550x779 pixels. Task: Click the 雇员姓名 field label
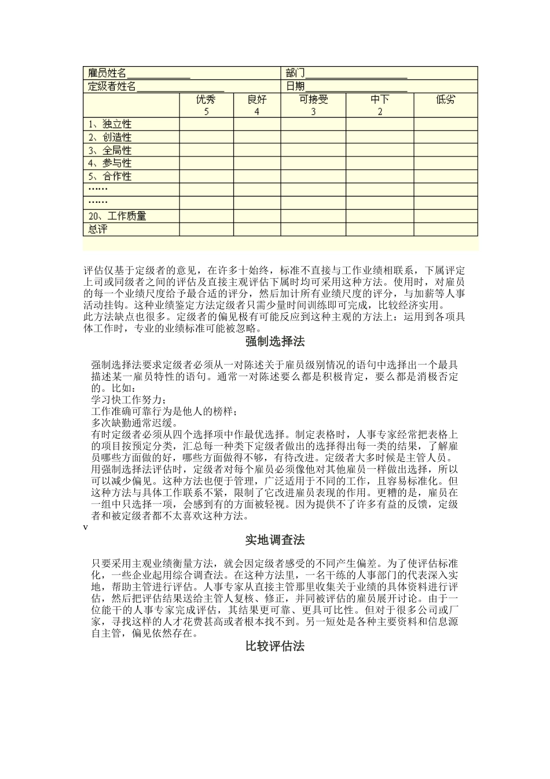(x=107, y=73)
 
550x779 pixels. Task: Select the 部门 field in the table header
(x=295, y=73)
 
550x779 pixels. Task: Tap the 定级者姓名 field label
(x=112, y=86)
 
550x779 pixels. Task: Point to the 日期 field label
(x=295, y=86)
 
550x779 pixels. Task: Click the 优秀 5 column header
(x=206, y=105)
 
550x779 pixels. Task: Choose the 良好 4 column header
(x=257, y=105)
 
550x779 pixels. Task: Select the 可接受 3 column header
(x=313, y=105)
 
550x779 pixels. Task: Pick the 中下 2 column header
(x=380, y=105)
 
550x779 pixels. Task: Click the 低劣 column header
(x=445, y=100)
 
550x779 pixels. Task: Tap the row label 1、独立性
(x=110, y=124)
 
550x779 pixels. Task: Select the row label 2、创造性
(x=110, y=137)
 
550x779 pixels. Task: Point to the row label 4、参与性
(x=110, y=163)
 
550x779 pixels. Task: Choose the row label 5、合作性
(x=110, y=176)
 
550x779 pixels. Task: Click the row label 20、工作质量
(x=117, y=216)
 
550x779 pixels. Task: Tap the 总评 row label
(x=98, y=229)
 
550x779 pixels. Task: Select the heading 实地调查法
(x=275, y=540)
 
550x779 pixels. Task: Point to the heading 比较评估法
(x=275, y=646)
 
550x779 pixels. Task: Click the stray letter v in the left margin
(x=86, y=527)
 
